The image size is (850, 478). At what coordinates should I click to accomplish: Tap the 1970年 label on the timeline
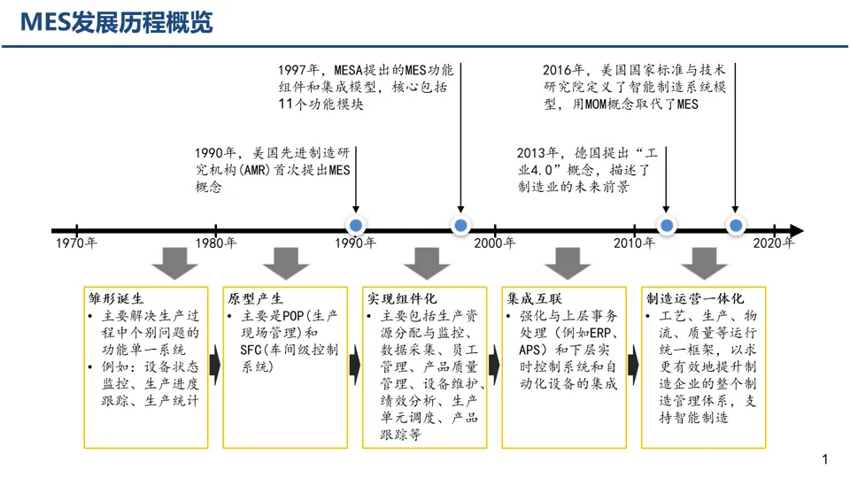(x=76, y=243)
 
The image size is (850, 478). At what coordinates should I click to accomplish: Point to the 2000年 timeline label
(x=493, y=243)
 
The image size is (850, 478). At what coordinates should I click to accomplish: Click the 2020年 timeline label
(x=773, y=243)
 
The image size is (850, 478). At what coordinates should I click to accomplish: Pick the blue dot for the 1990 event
(x=355, y=227)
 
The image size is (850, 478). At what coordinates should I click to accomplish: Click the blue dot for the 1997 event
(x=460, y=227)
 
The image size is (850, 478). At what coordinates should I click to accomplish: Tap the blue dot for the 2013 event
(x=667, y=227)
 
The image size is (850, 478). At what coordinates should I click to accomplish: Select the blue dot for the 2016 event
(x=736, y=227)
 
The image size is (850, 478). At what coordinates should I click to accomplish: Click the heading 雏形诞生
(x=115, y=298)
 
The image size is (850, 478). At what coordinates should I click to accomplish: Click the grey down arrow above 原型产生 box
(x=286, y=263)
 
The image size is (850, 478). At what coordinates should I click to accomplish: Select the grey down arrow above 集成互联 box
(x=567, y=263)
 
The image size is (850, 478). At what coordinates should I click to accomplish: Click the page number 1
(x=824, y=459)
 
